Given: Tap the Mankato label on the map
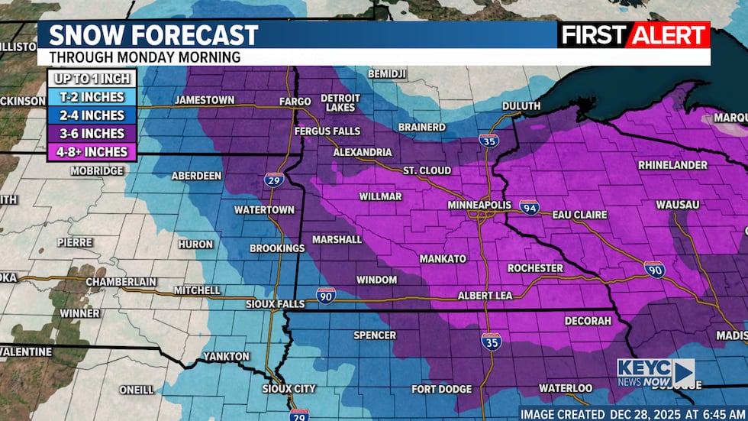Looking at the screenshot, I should coord(443,259).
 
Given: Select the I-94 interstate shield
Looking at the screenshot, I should coord(529,206).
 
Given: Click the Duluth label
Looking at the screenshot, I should coord(521,106).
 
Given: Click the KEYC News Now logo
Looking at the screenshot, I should coord(656,373).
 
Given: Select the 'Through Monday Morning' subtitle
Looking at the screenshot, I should coord(145,57).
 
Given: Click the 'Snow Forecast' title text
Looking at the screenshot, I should coord(153,35).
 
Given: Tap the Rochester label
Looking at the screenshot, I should coord(535,268).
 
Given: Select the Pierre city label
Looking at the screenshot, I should coord(75,242).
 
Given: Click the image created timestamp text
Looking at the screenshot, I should coord(631,413).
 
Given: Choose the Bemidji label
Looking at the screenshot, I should coord(387,73).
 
